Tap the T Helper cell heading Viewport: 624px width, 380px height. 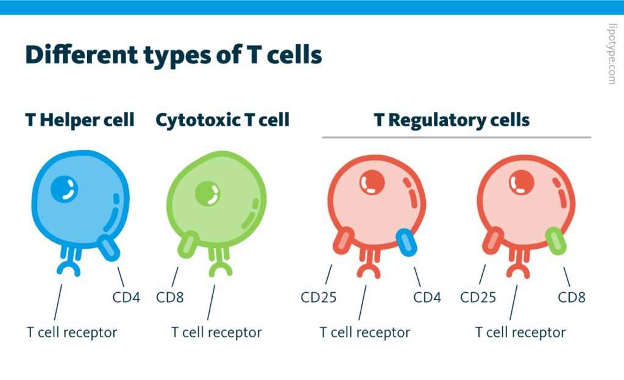pyautogui.click(x=80, y=120)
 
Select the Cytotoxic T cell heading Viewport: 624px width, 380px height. pyautogui.click(x=222, y=120)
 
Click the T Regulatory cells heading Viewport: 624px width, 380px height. pyautogui.click(x=452, y=120)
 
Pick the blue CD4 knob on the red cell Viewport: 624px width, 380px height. pyautogui.click(x=406, y=242)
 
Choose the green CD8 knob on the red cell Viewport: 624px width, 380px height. pyautogui.click(x=556, y=241)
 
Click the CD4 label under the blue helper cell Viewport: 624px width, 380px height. pyautogui.click(x=126, y=298)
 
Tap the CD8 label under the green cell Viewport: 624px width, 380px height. pyautogui.click(x=170, y=298)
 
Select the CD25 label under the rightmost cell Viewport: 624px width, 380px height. pyautogui.click(x=478, y=298)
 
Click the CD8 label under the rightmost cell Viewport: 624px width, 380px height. pyautogui.click(x=572, y=298)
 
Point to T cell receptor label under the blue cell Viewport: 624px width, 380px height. pyautogui.click(x=71, y=332)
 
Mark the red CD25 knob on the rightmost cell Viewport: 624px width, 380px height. pyautogui.click(x=492, y=240)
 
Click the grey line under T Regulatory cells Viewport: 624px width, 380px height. pyautogui.click(x=456, y=137)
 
